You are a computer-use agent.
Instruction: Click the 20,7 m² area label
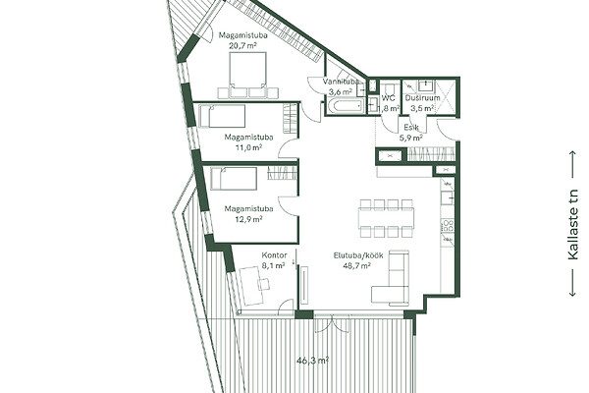coord(242,46)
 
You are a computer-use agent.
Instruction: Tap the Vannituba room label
coord(341,82)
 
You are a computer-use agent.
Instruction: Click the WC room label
coord(389,98)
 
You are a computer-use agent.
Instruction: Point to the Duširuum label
coord(422,98)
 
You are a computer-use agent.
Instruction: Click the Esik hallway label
coord(411,128)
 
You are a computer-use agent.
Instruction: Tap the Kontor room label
coord(274,255)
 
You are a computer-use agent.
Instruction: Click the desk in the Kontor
coord(253,286)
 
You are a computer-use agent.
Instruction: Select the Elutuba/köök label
coord(358,255)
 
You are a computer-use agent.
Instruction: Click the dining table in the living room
coord(386,218)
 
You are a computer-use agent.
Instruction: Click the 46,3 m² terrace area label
coord(312,361)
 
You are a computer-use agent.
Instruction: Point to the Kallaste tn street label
coord(573,223)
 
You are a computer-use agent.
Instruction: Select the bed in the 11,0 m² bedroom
coord(223,116)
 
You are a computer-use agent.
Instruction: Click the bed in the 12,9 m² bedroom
coord(234,178)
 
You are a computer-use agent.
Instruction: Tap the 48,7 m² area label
coord(357,266)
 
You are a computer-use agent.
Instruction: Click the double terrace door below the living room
coord(331,323)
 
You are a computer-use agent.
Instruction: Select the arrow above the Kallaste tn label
coord(573,164)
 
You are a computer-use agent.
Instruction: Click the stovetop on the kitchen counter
coord(448,227)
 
